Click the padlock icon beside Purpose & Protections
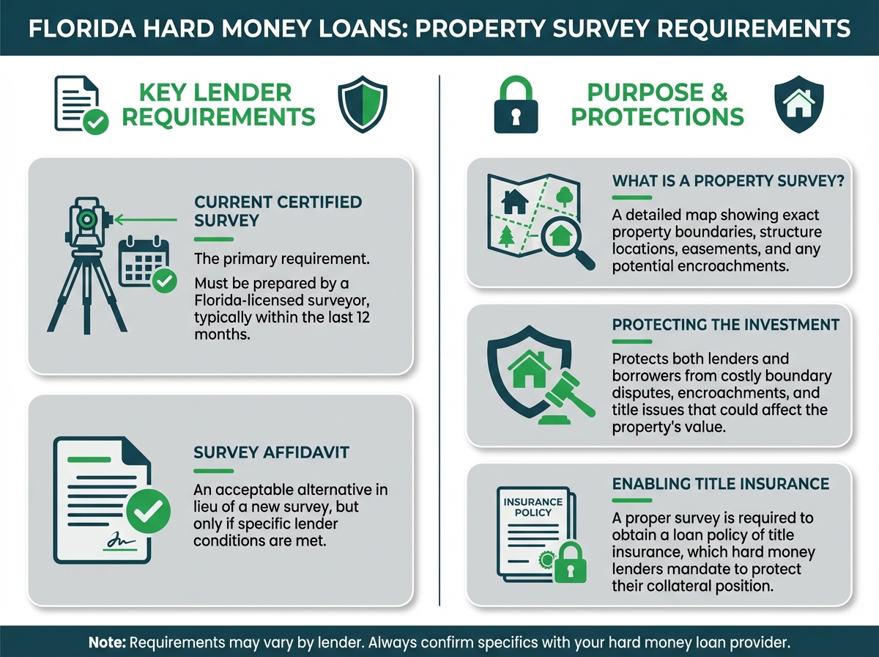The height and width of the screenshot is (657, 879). tap(516, 105)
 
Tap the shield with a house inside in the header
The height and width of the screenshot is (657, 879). tap(799, 104)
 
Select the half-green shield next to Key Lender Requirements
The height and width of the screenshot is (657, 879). tap(363, 104)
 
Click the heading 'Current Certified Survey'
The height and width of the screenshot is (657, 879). tap(278, 211)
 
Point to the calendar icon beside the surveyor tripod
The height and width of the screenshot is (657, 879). tap(144, 261)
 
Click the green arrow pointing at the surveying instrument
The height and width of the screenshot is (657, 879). tap(145, 220)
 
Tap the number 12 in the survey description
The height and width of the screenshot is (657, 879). tap(363, 318)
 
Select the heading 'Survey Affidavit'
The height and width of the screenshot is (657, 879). tap(272, 452)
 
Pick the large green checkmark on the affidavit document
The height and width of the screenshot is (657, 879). tap(148, 511)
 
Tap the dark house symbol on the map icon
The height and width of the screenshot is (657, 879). tap(515, 201)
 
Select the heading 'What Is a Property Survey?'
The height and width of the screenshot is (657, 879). tap(728, 181)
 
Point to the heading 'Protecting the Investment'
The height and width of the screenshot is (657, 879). tap(726, 325)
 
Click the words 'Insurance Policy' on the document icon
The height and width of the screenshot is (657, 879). tap(533, 507)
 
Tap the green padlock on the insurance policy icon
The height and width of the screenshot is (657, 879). tap(570, 562)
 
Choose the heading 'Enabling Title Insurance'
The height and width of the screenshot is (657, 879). tap(721, 484)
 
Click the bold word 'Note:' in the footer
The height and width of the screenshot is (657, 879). tap(108, 642)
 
